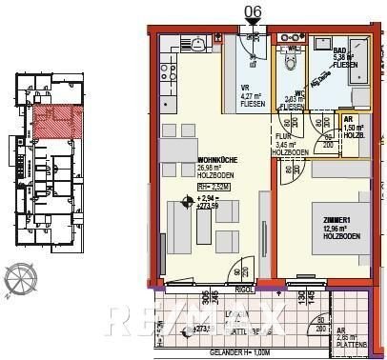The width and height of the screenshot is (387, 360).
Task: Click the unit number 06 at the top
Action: click(x=253, y=11)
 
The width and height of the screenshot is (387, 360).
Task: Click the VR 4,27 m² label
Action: click(x=252, y=92)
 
